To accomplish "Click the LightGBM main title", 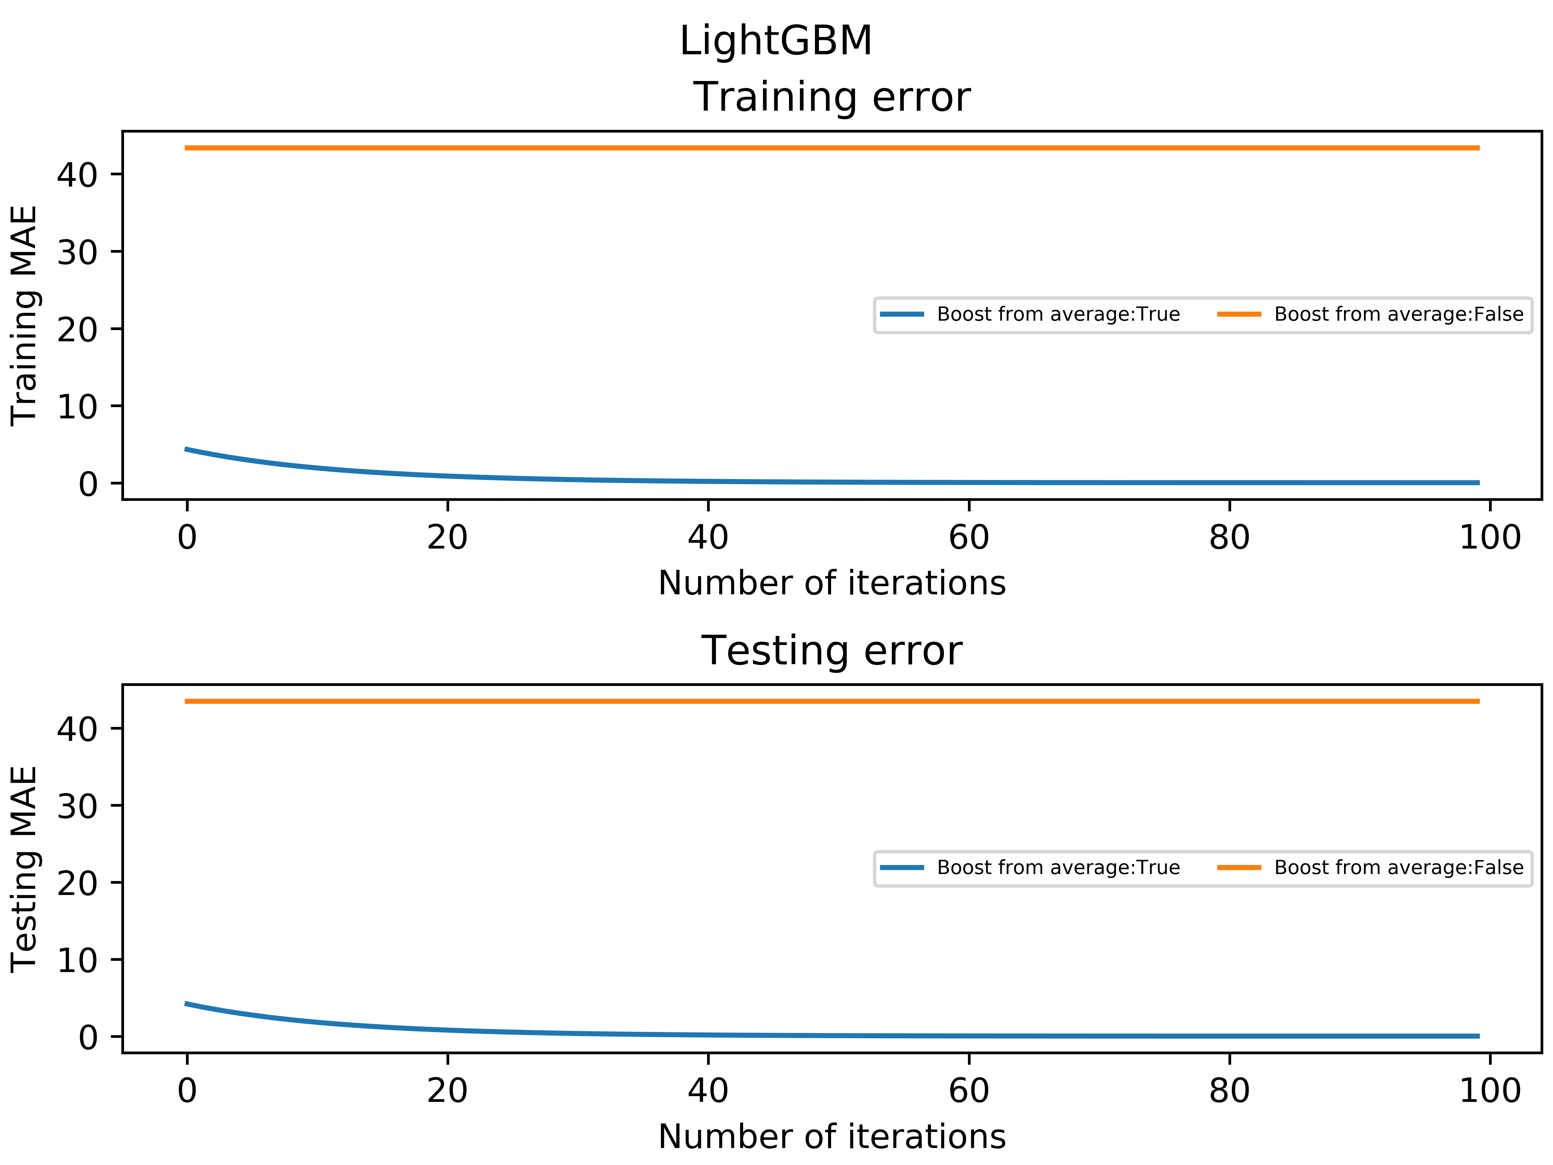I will tap(776, 41).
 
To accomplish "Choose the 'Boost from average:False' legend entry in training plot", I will tap(1398, 315).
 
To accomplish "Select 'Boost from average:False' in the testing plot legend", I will tap(1398, 868).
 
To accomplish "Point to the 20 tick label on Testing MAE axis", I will tap(77, 883).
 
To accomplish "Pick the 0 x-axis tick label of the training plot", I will tap(187, 538).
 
